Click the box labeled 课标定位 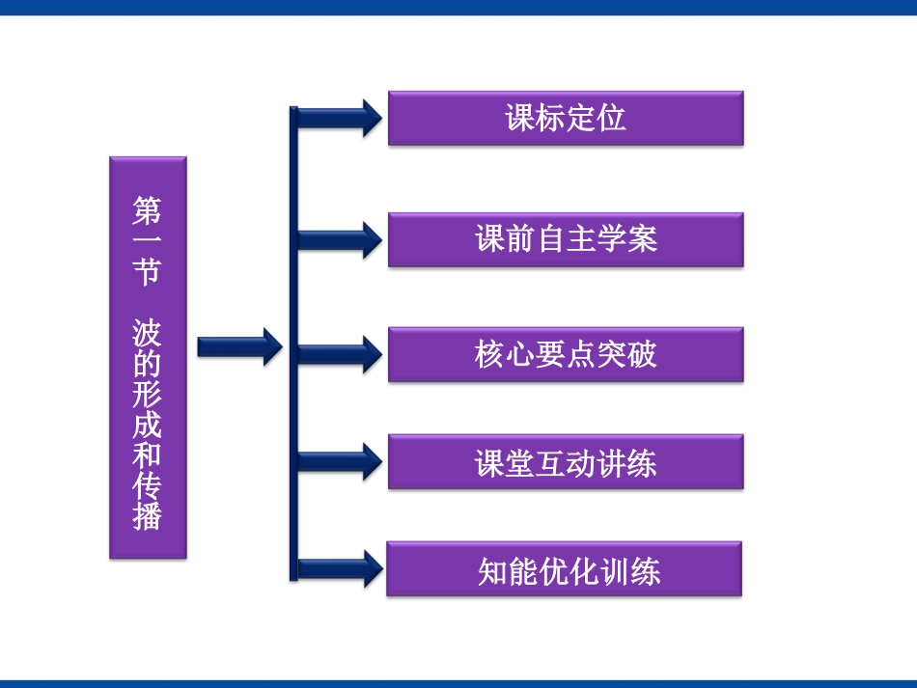566,119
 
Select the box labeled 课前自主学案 566,239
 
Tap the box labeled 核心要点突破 566,354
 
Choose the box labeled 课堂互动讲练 566,462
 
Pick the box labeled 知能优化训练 565,569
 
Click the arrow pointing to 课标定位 338,118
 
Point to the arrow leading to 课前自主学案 338,239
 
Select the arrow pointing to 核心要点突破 338,354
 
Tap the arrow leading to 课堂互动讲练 338,461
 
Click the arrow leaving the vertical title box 238,346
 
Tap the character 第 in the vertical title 148,210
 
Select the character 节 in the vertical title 148,271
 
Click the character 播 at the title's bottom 148,516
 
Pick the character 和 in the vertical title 148,455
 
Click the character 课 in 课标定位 520,119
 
